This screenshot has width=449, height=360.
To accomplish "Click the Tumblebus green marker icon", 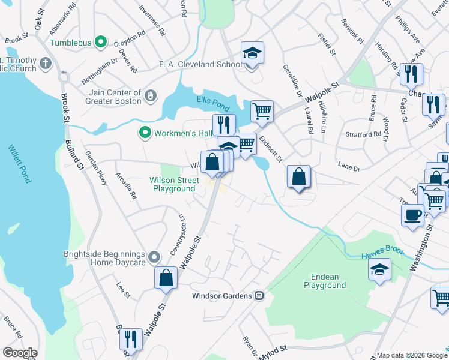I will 101,43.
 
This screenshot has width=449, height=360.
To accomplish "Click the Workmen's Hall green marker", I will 144,133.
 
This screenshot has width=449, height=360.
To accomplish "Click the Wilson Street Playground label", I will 174,184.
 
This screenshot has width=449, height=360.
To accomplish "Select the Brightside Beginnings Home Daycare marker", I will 154,258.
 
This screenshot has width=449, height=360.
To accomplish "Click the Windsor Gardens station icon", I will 259,295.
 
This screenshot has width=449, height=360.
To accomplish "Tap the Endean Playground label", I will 325,281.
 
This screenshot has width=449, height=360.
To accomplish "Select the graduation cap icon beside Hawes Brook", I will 379,270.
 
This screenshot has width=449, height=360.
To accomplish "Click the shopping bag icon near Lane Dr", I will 298,177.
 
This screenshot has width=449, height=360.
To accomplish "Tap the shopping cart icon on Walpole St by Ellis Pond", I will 261,112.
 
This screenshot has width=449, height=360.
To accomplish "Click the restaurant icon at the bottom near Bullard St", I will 130,340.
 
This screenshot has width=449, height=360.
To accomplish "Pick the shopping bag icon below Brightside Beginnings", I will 166,278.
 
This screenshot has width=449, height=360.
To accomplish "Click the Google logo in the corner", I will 20,353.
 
